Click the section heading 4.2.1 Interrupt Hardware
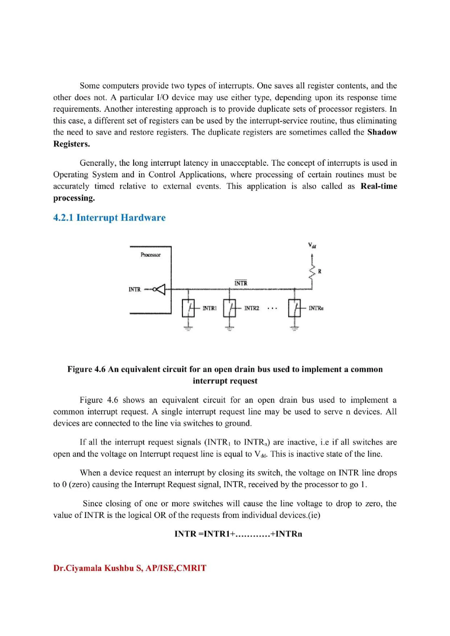pyautogui.click(x=109, y=218)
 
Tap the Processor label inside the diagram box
pyautogui.click(x=150, y=255)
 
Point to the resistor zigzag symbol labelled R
pyautogui.click(x=312, y=272)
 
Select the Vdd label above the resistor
pyautogui.click(x=312, y=245)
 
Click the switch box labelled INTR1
pyautogui.click(x=188, y=308)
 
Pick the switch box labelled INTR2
pyautogui.click(x=230, y=308)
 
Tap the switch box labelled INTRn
pyautogui.click(x=294, y=308)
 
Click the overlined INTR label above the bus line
pyautogui.click(x=241, y=283)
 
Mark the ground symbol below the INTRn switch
pyautogui.click(x=294, y=329)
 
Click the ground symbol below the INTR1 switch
pyautogui.click(x=188, y=329)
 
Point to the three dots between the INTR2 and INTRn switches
pyautogui.click(x=272, y=308)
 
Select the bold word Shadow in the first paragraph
pyautogui.click(x=382, y=132)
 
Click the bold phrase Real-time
pyautogui.click(x=379, y=186)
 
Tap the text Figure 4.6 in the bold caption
pyautogui.click(x=86, y=369)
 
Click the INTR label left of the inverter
pyautogui.click(x=135, y=289)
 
